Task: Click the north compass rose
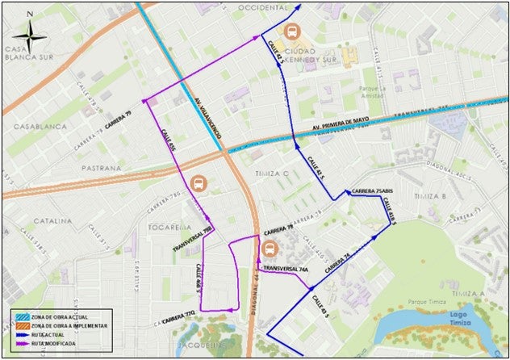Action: pos(30,31)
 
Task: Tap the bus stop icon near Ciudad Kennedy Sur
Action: pos(293,33)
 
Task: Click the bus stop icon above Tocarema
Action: pos(198,184)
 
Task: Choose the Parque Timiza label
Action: pos(428,303)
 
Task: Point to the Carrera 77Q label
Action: pos(178,315)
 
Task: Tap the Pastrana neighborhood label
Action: pos(100,168)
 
